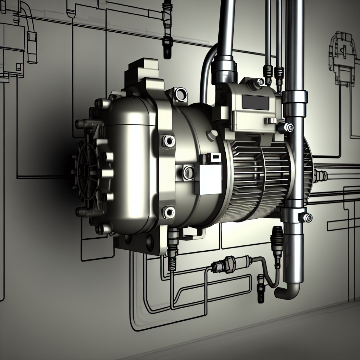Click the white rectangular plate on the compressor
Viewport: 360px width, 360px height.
pyautogui.click(x=208, y=179)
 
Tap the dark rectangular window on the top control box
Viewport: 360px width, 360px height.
pyautogui.click(x=256, y=102)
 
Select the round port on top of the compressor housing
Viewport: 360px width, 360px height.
pyautogui.click(x=181, y=94)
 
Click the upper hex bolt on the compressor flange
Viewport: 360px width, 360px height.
pyautogui.click(x=168, y=141)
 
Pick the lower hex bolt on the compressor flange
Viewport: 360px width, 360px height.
pyautogui.click(x=169, y=212)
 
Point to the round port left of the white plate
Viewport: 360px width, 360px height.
pyautogui.click(x=189, y=172)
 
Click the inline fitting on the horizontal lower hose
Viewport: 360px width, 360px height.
pyautogui.click(x=223, y=264)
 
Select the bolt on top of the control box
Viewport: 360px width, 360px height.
pyautogui.click(x=259, y=82)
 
